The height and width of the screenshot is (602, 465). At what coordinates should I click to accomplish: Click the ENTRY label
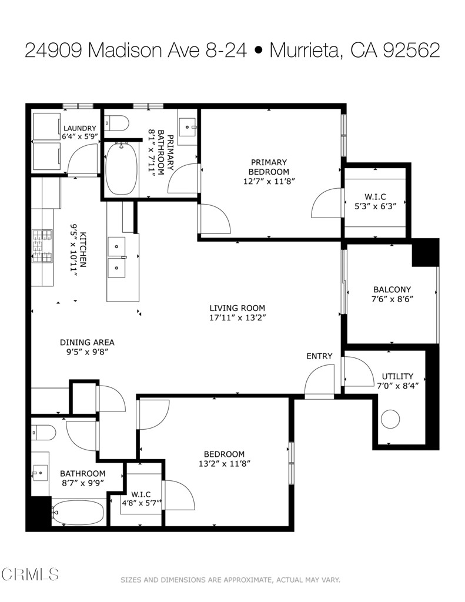pos(319,356)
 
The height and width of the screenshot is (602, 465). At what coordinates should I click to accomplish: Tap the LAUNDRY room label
pos(79,128)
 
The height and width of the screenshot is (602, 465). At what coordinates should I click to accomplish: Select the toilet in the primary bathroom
pos(117,123)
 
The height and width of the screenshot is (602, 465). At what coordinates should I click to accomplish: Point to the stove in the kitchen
pos(42,246)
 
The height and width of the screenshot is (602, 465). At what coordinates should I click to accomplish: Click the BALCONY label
pos(392,289)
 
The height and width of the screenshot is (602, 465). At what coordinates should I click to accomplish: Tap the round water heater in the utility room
pos(390,419)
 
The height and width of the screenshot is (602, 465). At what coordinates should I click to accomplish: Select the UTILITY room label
pos(397,376)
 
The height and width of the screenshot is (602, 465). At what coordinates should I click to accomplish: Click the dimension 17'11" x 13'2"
pos(237,318)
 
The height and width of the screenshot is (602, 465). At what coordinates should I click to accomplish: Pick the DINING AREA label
pos(87,342)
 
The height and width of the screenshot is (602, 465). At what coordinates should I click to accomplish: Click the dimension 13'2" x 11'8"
pos(224,464)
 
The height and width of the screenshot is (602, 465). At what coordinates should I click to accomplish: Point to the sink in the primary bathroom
pos(188,126)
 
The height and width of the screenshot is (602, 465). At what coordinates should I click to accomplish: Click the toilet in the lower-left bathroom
pos(44,433)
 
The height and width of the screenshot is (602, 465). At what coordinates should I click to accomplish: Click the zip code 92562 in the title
pos(411,51)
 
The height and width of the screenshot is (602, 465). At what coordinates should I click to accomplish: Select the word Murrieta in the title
pos(304,51)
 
